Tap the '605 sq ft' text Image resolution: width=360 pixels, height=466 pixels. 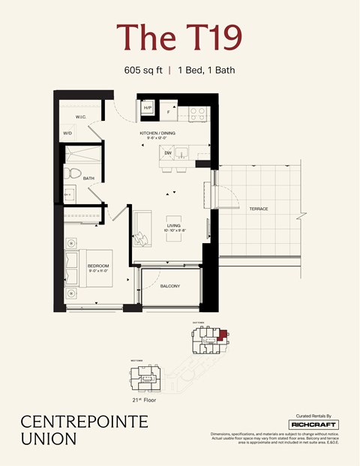[143, 70]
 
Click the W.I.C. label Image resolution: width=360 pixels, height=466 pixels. [82, 118]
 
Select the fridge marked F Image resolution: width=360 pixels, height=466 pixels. [168, 113]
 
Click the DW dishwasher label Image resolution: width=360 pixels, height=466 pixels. [168, 153]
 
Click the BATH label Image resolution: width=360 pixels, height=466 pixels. [88, 179]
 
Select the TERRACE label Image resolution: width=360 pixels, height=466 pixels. [258, 209]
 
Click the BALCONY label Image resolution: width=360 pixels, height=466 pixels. [169, 285]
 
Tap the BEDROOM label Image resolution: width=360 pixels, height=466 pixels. [97, 266]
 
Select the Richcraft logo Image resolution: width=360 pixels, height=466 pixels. [314, 425]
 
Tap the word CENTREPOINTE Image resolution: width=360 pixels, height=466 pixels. [84, 422]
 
